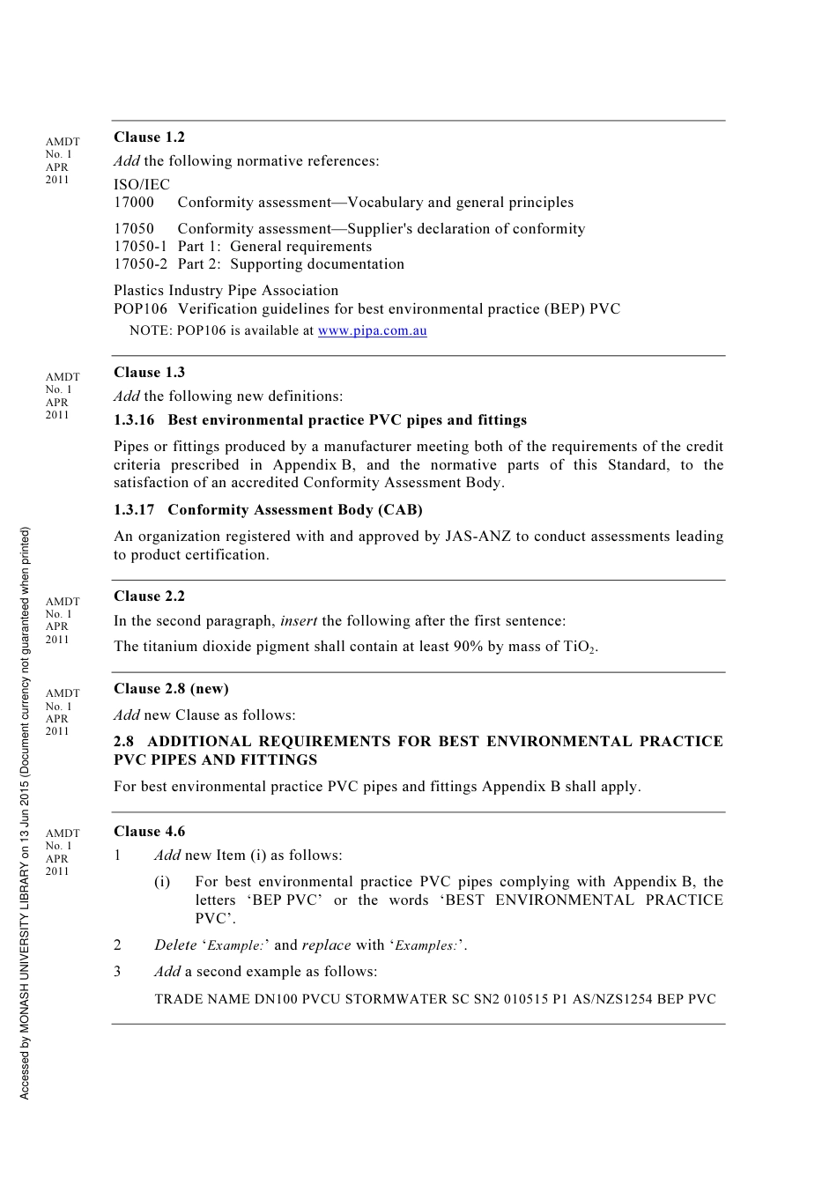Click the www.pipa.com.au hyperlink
372,331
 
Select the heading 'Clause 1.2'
149,137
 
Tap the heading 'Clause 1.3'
149,373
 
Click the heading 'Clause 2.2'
149,596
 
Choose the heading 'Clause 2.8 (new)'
171,689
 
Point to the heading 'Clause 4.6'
149,832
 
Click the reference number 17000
134,203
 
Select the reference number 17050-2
140,264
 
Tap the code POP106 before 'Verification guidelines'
140,309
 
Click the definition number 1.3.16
134,420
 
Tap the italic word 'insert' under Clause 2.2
299,621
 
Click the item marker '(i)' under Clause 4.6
162,882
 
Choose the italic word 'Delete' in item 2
175,945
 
